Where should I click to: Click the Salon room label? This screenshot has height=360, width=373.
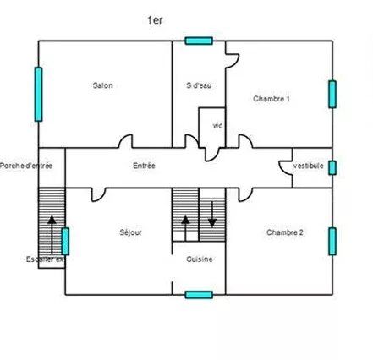coord(102,85)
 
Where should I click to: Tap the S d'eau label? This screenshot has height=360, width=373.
coord(199,85)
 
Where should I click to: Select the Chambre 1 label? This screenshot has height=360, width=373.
coord(272,99)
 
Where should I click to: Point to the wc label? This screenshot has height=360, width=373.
coord(217,126)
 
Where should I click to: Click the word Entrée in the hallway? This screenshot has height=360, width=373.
coord(144,166)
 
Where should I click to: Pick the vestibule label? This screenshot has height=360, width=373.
coord(308,166)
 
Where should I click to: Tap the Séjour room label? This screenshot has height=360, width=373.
coord(130,232)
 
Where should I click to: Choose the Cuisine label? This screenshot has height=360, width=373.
coord(200,259)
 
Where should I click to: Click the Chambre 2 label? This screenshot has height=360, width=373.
coord(285,232)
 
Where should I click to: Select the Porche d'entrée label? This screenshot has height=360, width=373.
coord(26,166)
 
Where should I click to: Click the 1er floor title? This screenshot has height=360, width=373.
coord(155,20)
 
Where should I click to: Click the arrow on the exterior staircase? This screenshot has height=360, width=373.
coord(52,235)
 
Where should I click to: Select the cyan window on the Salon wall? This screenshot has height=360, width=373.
coord(39,95)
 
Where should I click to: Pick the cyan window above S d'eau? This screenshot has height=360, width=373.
coord(199,41)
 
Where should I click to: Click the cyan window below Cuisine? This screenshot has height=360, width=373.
coord(199,295)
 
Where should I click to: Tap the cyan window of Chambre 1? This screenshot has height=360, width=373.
coord(332,95)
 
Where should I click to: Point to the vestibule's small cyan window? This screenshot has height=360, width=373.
coord(332,168)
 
